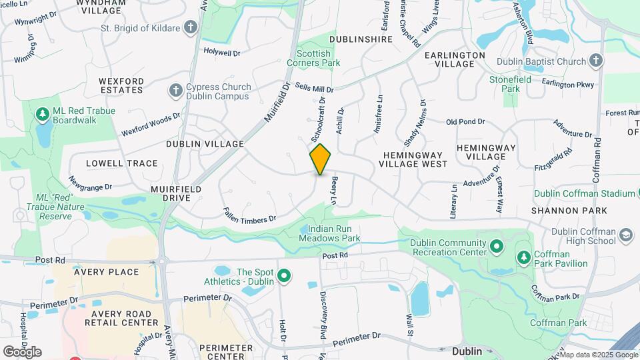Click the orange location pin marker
pyautogui.click(x=320, y=159)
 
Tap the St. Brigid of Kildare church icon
pyautogui.click(x=191, y=28)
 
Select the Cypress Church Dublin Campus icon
pyautogui.click(x=176, y=90)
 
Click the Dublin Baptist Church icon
pyautogui.click(x=595, y=62)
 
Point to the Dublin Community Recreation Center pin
pyautogui.click(x=496, y=246)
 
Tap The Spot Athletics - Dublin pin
pyautogui.click(x=284, y=275)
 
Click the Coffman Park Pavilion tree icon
pyautogui.click(x=524, y=257)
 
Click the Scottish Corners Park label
pyautogui.click(x=313, y=58)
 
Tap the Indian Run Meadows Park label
pyautogui.click(x=329, y=233)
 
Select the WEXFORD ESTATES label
pyautogui.click(x=121, y=85)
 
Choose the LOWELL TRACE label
pyautogui.click(x=122, y=163)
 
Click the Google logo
pyautogui.click(x=22, y=351)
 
